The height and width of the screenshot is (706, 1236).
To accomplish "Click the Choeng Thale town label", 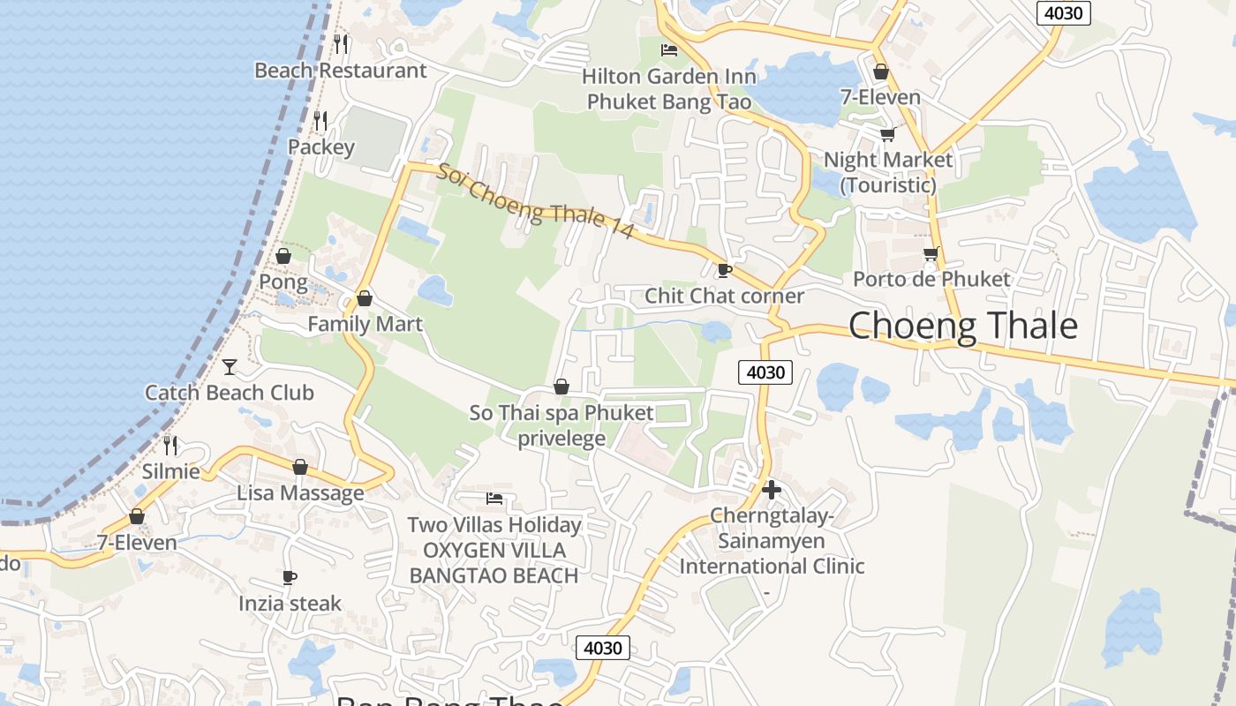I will pyautogui.click(x=962, y=327).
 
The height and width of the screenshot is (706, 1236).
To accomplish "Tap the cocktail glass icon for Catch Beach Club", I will pyautogui.click(x=230, y=366).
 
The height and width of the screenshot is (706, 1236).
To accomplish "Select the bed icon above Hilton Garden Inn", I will pyautogui.click(x=669, y=50).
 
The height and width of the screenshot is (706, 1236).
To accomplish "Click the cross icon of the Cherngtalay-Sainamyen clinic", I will pyautogui.click(x=772, y=490).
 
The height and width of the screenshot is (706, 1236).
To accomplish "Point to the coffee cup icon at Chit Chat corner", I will pyautogui.click(x=724, y=270).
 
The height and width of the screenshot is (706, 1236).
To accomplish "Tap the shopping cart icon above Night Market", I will pyautogui.click(x=887, y=134).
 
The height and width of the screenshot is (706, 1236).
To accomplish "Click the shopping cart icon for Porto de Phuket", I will pyautogui.click(x=931, y=254).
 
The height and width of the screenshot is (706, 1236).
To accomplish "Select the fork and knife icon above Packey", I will pyautogui.click(x=320, y=121).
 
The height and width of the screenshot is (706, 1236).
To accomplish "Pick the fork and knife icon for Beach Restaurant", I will pyautogui.click(x=341, y=43).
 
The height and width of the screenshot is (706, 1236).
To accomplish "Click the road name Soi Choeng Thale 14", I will pyautogui.click(x=536, y=200).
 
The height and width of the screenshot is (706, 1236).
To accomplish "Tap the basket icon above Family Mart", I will pyautogui.click(x=364, y=298).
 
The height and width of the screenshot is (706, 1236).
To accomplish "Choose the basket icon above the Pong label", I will pyautogui.click(x=283, y=256).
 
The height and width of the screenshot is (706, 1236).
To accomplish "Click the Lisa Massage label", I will pyautogui.click(x=300, y=492).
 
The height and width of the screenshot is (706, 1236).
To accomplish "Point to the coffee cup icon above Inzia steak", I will pyautogui.click(x=289, y=577).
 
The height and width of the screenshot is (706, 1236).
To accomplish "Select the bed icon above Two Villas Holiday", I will pyautogui.click(x=494, y=499).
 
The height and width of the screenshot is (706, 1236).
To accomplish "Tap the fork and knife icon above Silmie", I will pyautogui.click(x=170, y=445).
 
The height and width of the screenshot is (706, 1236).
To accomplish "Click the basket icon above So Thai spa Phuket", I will pyautogui.click(x=561, y=387).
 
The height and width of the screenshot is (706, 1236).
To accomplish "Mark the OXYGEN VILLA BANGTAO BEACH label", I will pyautogui.click(x=494, y=563).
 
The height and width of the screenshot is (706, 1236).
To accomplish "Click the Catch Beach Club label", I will pyautogui.click(x=230, y=393).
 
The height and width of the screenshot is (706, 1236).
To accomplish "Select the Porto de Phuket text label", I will pyautogui.click(x=931, y=280).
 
